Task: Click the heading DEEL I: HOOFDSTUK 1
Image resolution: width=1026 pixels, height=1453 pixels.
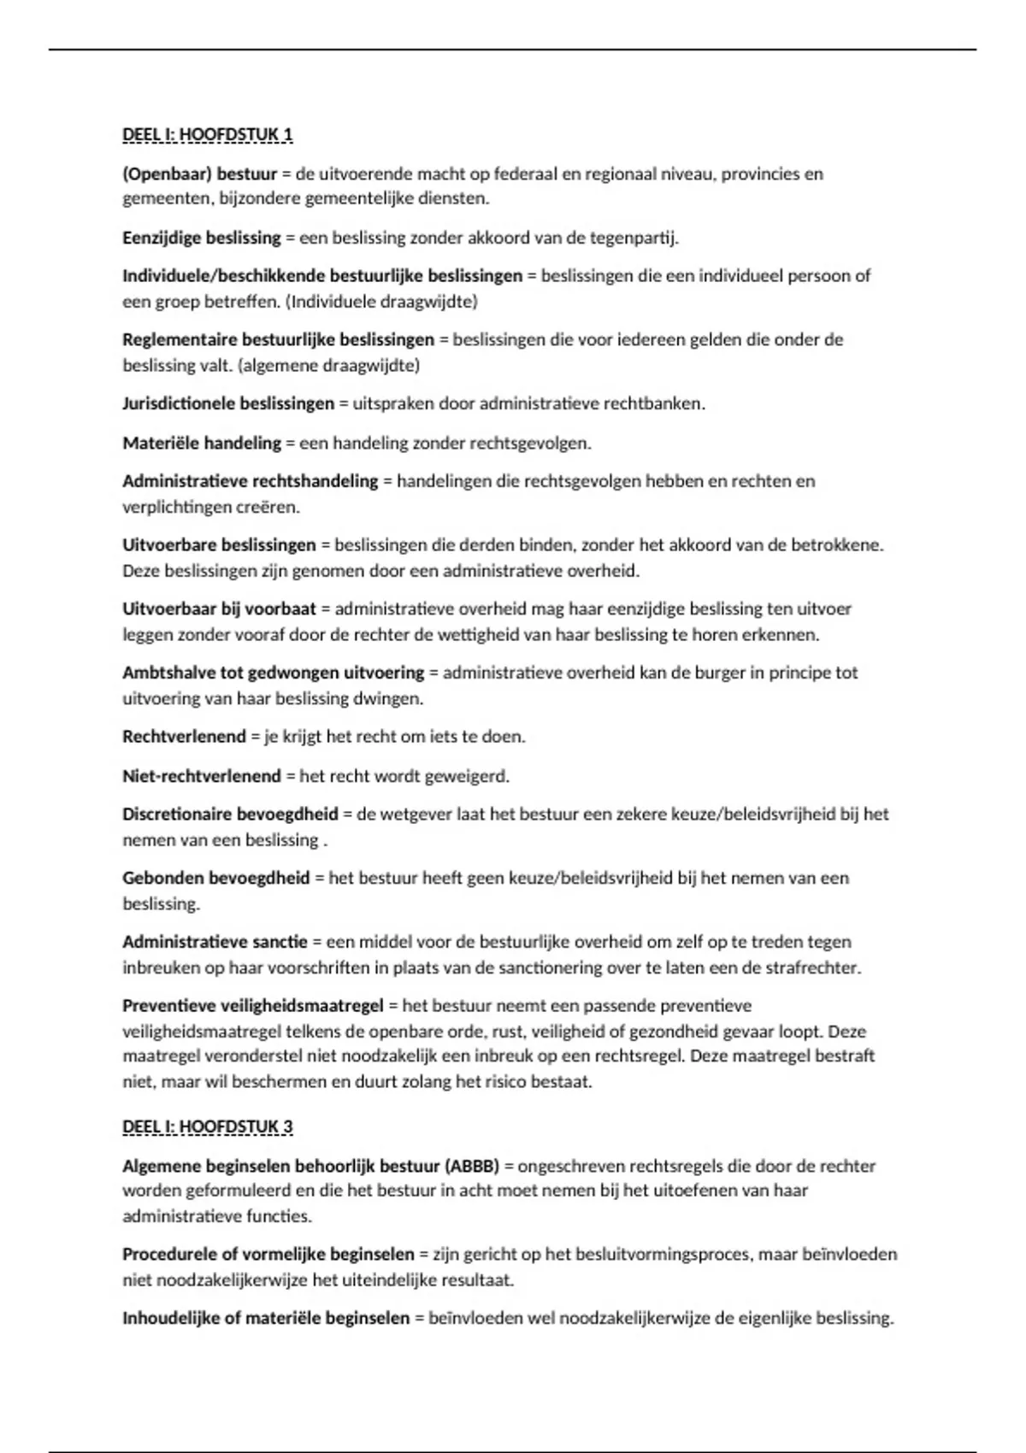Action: click(x=208, y=134)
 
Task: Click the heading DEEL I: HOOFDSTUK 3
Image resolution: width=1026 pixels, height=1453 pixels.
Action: click(x=208, y=1127)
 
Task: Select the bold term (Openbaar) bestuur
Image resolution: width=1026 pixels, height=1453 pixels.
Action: click(x=200, y=174)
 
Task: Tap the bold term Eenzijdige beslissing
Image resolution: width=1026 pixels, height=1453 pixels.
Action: click(x=202, y=238)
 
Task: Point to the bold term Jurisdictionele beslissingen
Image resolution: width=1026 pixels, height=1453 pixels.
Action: click(x=228, y=403)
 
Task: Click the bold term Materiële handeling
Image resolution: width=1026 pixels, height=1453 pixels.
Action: click(x=202, y=443)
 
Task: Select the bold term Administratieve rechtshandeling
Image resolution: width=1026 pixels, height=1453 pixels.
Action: click(x=250, y=481)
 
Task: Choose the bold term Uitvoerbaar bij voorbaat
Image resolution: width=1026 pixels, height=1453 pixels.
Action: click(x=219, y=609)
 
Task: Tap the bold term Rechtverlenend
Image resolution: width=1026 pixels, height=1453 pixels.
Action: click(x=184, y=737)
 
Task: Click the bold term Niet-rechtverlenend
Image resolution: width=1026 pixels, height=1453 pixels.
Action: click(x=202, y=776)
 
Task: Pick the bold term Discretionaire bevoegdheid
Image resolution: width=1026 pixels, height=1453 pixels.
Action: click(x=230, y=814)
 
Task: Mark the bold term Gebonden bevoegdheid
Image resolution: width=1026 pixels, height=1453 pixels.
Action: click(x=215, y=878)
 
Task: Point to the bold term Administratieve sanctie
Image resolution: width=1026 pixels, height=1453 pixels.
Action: click(x=215, y=942)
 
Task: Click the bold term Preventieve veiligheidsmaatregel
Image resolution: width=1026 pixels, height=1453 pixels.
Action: click(x=253, y=1006)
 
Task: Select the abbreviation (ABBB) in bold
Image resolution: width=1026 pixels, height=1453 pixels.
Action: click(x=472, y=1166)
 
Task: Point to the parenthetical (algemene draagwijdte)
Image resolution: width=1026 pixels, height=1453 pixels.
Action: click(x=329, y=365)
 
